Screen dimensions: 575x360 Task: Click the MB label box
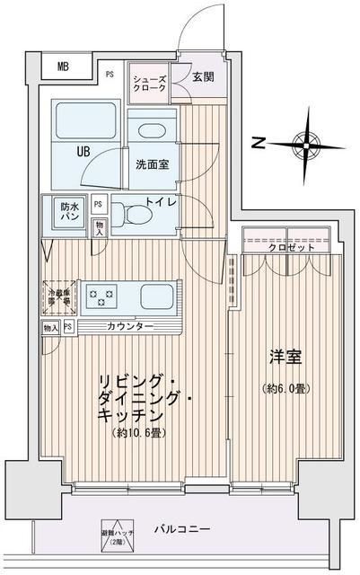pos(63,66)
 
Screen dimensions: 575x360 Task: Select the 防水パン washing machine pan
pos(69,212)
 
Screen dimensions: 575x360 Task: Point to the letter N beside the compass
pos(258,141)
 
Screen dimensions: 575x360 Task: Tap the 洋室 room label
pos(285,357)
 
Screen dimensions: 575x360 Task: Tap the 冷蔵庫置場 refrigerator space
pos(58,295)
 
